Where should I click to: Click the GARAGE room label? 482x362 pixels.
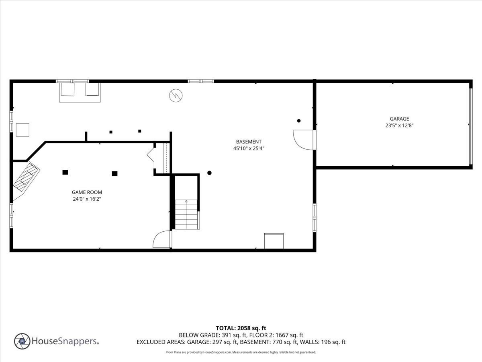(399, 119)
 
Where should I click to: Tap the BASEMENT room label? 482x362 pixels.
(249, 142)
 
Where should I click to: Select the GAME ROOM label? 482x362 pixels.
(87, 192)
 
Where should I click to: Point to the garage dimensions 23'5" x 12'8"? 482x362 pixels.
(399, 125)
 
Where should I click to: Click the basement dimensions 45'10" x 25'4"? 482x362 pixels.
(249, 148)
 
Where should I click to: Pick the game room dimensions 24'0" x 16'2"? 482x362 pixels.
(87, 199)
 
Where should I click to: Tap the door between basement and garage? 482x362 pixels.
(304, 140)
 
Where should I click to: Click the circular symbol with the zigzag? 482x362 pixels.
(176, 95)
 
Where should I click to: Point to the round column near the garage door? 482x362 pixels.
(299, 121)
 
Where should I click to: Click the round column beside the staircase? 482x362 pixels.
(209, 173)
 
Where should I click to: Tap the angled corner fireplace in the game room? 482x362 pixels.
(27, 177)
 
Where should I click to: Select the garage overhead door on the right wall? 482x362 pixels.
(471, 125)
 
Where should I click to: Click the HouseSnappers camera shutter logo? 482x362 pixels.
(22, 341)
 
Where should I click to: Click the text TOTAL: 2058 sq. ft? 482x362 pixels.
(241, 328)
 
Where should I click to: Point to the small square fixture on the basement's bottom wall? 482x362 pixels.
(274, 241)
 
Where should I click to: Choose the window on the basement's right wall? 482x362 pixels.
(315, 217)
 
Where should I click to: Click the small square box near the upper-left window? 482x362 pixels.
(22, 130)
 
